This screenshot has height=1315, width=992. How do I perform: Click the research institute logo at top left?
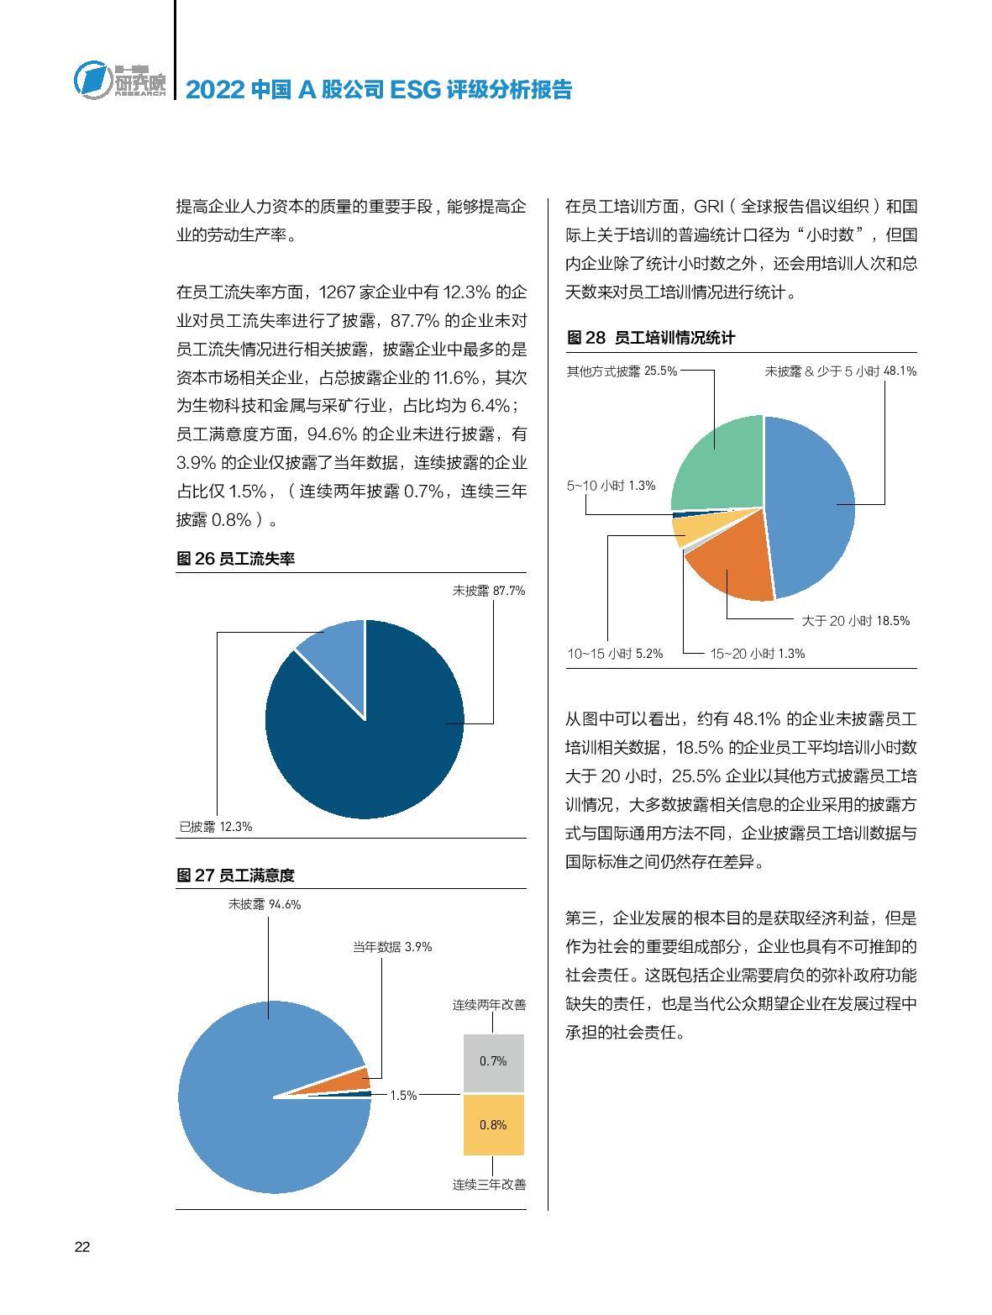119,81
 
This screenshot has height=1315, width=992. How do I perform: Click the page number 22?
82,1247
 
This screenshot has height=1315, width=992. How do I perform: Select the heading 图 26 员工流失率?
236,559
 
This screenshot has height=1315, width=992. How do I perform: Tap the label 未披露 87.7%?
488,591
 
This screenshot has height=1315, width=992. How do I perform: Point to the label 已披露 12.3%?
216,826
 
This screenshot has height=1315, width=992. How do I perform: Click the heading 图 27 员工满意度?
236,875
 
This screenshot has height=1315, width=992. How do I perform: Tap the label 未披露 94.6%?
265,904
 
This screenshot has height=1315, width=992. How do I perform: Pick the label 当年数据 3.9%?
392,946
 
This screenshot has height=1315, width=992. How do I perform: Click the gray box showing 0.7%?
493,1062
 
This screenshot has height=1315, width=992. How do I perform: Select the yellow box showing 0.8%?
493,1124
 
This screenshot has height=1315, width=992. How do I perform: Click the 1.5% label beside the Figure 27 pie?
403,1096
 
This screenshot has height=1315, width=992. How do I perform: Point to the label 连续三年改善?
489,1184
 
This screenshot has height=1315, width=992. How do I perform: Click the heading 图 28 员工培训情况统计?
651,338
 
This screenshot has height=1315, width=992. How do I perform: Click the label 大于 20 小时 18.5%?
855,621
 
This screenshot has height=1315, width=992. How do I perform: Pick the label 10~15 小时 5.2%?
615,653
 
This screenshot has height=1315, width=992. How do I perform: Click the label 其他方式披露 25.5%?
622,371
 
